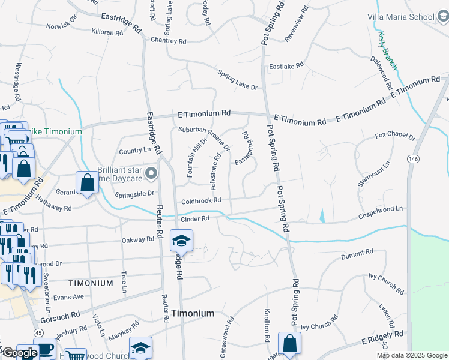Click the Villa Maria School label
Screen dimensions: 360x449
pos(400,17)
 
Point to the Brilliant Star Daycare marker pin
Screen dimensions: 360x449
pos(151,175)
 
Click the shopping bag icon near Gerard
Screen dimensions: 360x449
pos(87,182)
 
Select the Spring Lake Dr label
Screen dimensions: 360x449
pos(237,79)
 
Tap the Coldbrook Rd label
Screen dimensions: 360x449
pos(201,200)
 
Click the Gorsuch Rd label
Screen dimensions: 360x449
pos(67,314)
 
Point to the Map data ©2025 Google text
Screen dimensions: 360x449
pos(412,355)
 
